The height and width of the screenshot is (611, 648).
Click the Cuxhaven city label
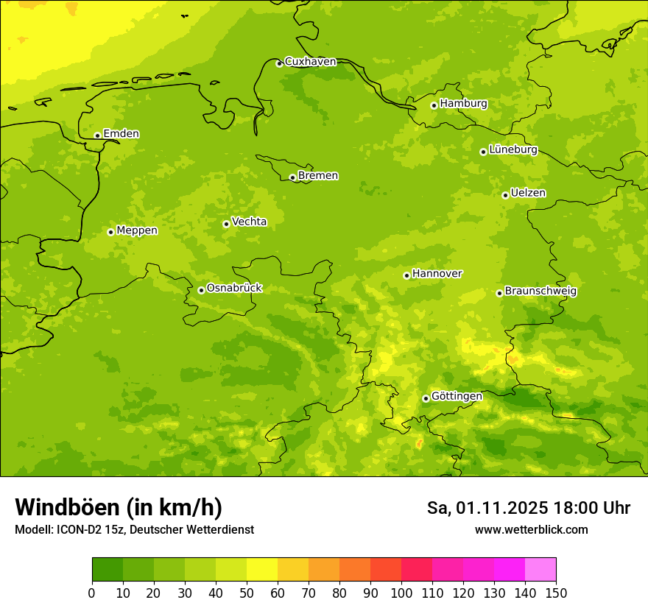[x=310, y=62]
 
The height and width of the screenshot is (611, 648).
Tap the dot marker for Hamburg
[x=434, y=105]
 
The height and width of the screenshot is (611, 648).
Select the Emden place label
[x=121, y=134]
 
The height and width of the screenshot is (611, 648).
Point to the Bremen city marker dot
[x=292, y=177]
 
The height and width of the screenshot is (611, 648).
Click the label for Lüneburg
[x=513, y=149]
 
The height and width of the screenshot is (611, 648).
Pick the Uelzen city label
[x=528, y=193]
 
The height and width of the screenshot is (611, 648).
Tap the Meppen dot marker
[x=110, y=232]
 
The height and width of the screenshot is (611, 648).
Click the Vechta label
[x=249, y=222]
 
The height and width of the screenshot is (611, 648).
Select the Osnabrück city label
[x=234, y=288]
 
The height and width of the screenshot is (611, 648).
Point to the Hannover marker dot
[x=406, y=275]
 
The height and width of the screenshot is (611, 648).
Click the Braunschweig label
[x=540, y=292]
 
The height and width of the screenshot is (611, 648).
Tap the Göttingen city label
[x=457, y=396]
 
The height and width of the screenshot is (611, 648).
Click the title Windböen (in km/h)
[x=118, y=507]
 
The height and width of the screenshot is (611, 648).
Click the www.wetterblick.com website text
[x=531, y=529]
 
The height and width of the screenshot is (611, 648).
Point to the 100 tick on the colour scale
[x=401, y=592]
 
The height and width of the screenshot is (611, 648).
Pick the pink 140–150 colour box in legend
[x=540, y=570]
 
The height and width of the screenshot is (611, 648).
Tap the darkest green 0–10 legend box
[x=108, y=570]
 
